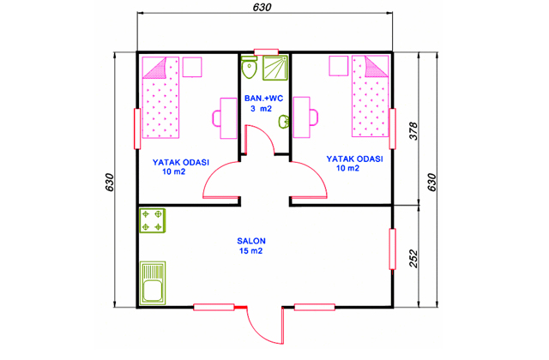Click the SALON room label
(251, 241)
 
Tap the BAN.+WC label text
(263, 99)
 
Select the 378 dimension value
(413, 131)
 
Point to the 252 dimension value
(413, 258)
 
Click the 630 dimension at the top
(262, 7)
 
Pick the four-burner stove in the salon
(153, 220)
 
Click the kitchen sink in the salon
(153, 283)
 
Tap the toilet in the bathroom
(249, 67)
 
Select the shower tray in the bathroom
(275, 68)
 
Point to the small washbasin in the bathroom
(284, 122)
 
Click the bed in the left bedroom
(160, 98)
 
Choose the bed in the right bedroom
(370, 96)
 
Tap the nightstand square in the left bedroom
(192, 67)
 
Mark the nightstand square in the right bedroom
(339, 66)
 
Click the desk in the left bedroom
(228, 118)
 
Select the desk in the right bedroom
(302, 117)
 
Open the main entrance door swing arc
(258, 335)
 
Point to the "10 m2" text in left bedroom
(173, 171)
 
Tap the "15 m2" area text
(251, 251)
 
